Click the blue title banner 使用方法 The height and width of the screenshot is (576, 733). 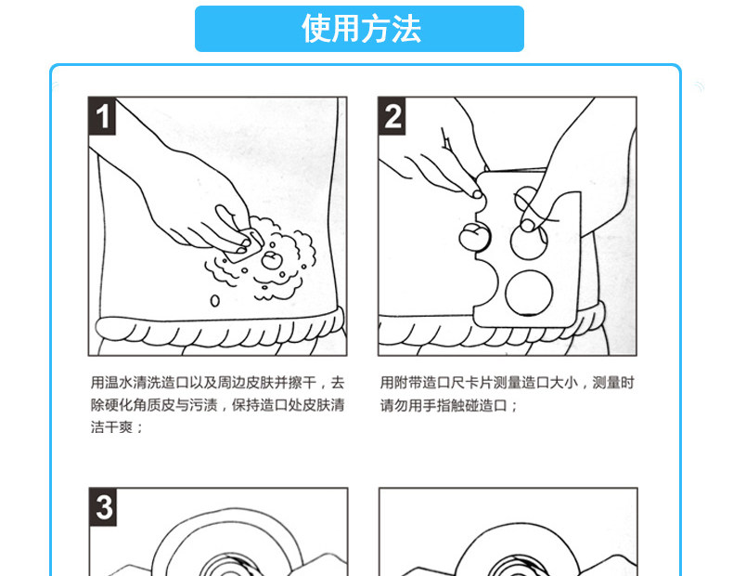coord(359,29)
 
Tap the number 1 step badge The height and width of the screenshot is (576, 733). coord(102,116)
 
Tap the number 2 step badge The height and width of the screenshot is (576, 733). coord(392,116)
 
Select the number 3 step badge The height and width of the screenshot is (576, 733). coord(103,507)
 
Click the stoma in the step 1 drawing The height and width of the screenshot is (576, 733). coord(271,260)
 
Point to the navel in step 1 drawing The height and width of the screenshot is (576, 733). coord(214,300)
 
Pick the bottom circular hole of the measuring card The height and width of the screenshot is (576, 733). coord(529,293)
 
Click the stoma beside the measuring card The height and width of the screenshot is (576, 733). coord(474,237)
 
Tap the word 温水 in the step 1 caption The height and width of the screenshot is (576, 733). coord(119,383)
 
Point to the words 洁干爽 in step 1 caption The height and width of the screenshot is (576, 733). coord(111,427)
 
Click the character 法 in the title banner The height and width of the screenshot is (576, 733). coord(405,29)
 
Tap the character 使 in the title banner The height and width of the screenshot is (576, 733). coord(317,29)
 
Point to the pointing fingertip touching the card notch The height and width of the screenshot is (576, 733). coord(477,194)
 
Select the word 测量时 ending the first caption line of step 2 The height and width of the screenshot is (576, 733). coord(613,383)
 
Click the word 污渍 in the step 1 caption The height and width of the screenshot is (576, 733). coord(204,405)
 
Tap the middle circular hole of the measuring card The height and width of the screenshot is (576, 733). coord(529,242)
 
